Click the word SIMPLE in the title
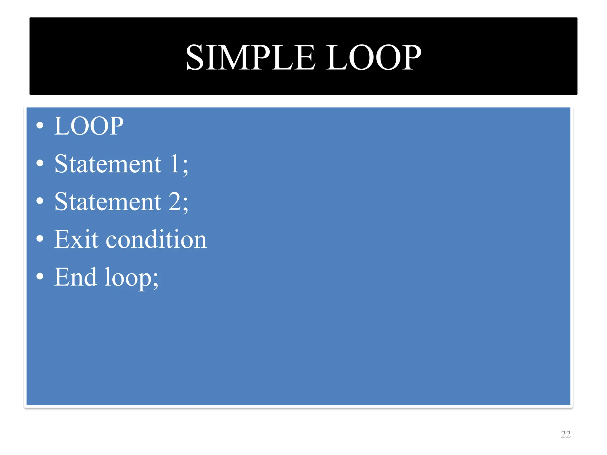(250, 57)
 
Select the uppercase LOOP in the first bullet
(89, 126)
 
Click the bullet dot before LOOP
(40, 126)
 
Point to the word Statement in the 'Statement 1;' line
(108, 164)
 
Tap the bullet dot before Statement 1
(40, 163)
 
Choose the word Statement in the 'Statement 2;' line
(108, 202)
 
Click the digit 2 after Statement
(175, 202)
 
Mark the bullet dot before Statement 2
(40, 201)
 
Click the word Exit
(76, 239)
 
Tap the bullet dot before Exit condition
(40, 239)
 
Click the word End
(76, 277)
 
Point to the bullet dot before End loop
(40, 276)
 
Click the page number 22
(566, 434)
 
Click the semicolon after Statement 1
(185, 167)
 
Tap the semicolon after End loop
(155, 281)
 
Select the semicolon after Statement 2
(185, 205)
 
